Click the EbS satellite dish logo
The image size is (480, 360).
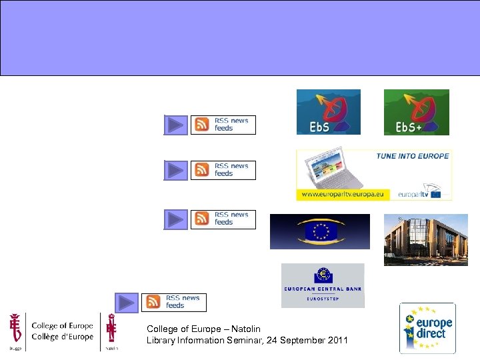[x=328, y=112]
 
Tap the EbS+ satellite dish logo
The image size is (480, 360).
[x=416, y=112]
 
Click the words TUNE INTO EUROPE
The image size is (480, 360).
[x=413, y=156]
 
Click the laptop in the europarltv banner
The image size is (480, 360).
[x=331, y=171]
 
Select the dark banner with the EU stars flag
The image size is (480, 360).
[x=319, y=231]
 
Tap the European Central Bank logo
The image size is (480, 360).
[x=323, y=285]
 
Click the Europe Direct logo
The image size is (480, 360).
[x=427, y=328]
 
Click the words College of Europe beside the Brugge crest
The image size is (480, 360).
[x=62, y=326]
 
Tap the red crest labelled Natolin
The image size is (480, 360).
[x=111, y=330]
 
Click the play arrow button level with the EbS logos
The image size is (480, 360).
[x=176, y=125]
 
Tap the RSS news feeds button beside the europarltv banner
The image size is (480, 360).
[x=223, y=170]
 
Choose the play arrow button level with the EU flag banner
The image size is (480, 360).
[x=176, y=219]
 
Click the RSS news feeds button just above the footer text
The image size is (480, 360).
[x=174, y=302]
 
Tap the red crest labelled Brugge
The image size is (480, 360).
[x=15, y=329]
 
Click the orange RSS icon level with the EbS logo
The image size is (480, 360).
[x=201, y=125]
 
